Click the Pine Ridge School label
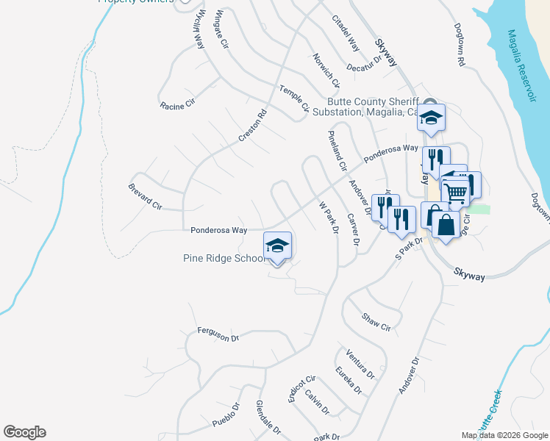[224, 258]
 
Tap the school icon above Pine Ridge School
[278, 245]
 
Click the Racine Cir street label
[176, 104]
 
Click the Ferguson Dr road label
[219, 335]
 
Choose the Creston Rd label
[251, 126]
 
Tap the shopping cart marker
[457, 192]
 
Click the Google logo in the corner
[24, 432]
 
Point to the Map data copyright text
[504, 435]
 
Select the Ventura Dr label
[360, 364]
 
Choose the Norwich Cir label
[326, 70]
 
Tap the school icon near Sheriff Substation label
[431, 117]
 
